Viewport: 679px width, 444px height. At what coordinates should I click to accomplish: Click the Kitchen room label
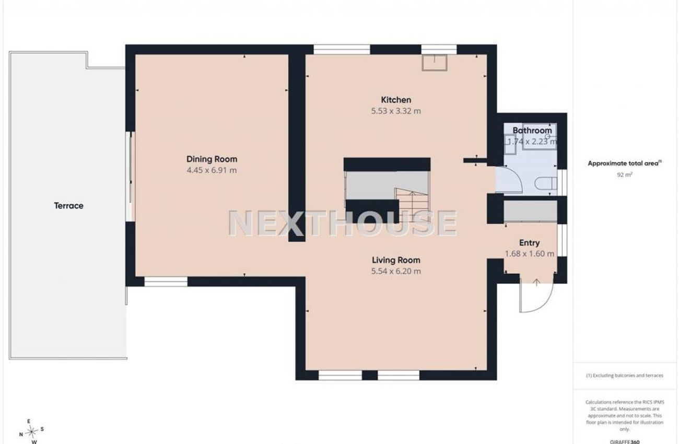[396, 100]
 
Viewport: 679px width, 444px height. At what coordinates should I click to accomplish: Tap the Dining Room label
[212, 159]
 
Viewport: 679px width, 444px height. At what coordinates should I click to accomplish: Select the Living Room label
[396, 260]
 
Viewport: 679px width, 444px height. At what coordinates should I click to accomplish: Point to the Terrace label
[69, 206]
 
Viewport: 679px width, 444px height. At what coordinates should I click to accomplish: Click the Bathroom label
[532, 131]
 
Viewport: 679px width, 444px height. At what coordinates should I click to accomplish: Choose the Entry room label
[529, 243]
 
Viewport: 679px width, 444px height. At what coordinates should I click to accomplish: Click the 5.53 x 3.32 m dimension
[396, 111]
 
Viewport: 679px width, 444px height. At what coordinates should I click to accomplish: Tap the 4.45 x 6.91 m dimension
[212, 170]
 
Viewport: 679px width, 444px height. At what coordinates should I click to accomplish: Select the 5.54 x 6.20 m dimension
[396, 271]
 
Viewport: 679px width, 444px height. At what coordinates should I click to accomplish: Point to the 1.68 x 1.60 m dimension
[529, 254]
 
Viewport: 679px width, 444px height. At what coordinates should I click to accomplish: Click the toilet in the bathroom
[546, 183]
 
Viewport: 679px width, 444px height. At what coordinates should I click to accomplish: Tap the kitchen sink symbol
[435, 63]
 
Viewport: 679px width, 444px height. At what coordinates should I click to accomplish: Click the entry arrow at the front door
[536, 283]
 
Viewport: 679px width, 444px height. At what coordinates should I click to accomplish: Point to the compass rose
[31, 431]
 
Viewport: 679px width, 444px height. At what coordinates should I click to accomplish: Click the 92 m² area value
[625, 175]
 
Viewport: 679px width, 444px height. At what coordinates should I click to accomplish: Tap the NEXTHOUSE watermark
[343, 223]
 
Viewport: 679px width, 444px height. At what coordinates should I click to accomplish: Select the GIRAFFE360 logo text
[625, 442]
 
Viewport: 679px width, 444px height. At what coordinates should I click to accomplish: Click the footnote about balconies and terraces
[625, 376]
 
